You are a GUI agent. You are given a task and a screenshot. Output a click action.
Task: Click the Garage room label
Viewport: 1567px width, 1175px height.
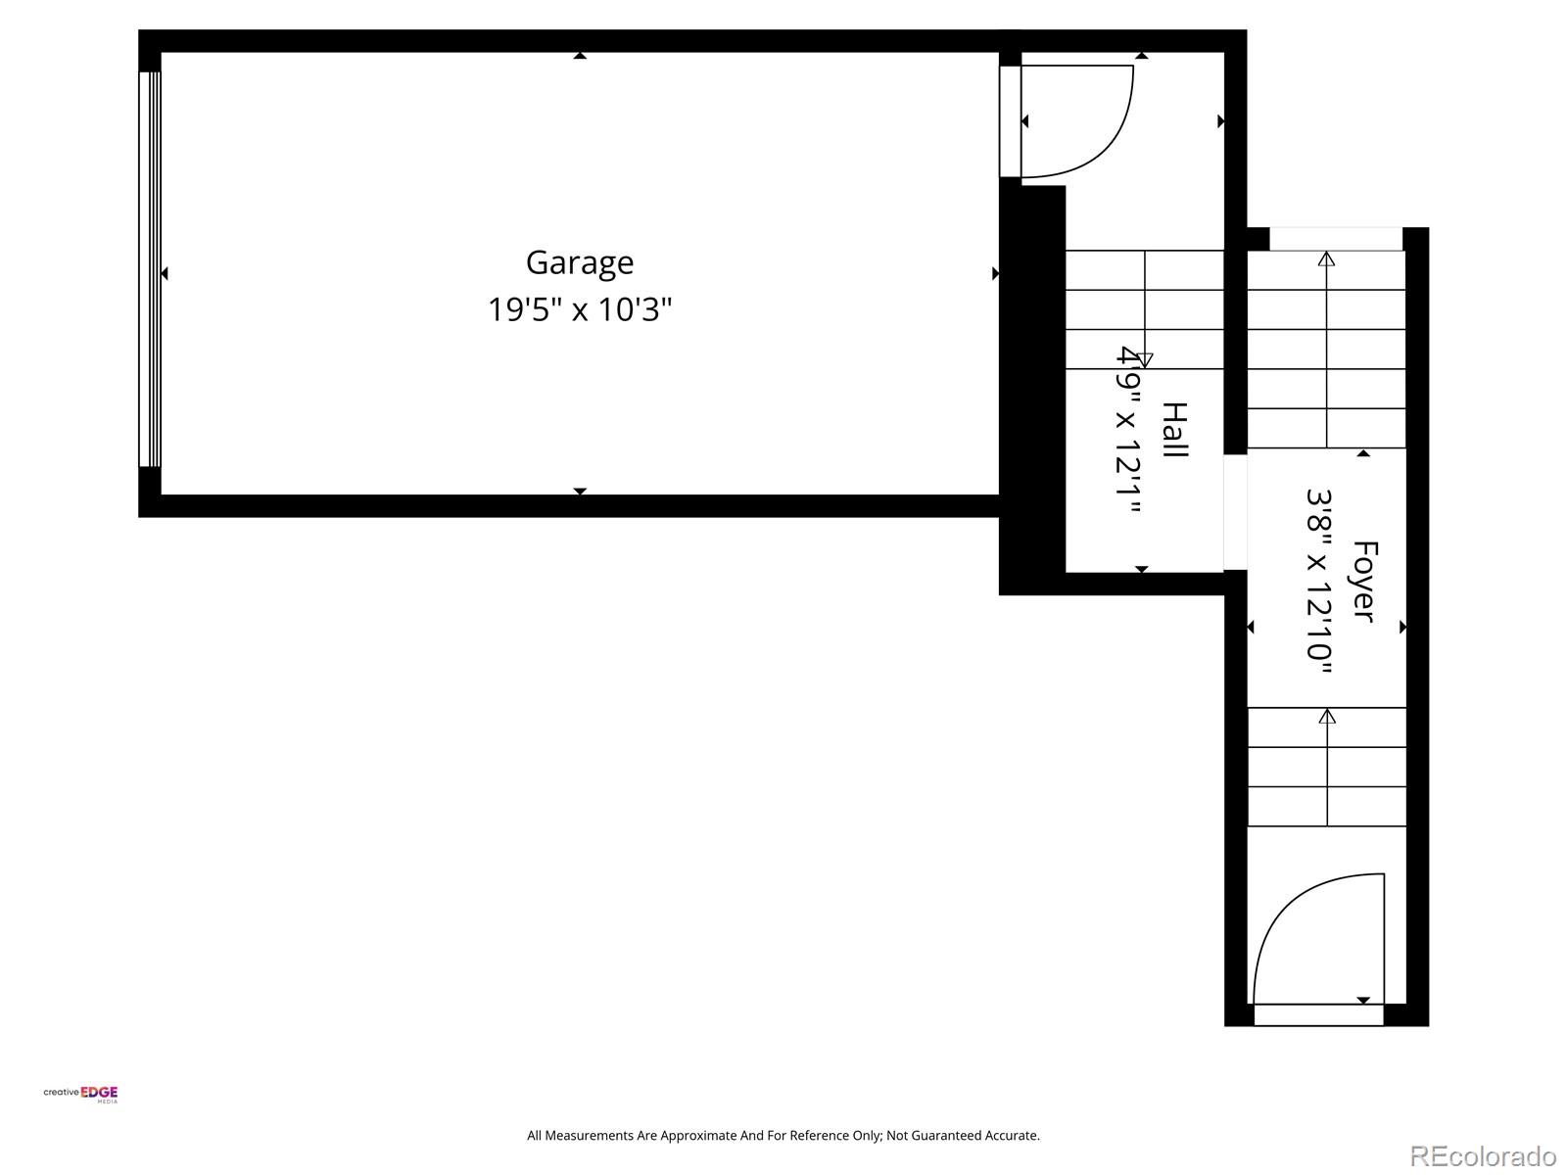(x=580, y=262)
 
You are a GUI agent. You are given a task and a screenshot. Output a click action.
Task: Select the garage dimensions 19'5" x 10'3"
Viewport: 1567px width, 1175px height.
(x=580, y=310)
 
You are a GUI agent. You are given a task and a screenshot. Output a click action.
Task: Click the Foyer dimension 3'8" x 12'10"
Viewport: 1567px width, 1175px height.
(x=1319, y=582)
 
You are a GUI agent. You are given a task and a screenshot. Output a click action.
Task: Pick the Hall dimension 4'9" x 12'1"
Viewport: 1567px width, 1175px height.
(x=1128, y=431)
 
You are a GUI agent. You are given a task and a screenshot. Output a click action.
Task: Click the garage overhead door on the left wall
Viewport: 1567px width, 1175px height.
(x=149, y=269)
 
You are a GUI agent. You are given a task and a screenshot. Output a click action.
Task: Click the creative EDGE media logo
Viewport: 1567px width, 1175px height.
(x=81, y=1094)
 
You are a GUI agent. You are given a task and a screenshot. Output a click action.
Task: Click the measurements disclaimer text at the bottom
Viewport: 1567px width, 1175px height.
(x=783, y=1136)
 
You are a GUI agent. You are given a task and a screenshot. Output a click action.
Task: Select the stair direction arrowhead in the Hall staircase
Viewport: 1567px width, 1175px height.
(x=1145, y=359)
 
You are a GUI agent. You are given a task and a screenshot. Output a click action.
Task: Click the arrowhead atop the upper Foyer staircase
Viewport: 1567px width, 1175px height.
(x=1327, y=259)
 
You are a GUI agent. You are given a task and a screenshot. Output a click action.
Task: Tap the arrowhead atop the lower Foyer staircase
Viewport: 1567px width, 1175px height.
(x=1327, y=717)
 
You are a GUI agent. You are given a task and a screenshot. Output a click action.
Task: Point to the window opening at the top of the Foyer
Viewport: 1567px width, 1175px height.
(x=1336, y=238)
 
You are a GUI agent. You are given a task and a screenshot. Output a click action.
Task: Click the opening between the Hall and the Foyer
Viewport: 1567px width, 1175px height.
(x=1235, y=512)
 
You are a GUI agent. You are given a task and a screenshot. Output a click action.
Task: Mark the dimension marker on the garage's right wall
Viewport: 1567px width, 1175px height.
(x=995, y=273)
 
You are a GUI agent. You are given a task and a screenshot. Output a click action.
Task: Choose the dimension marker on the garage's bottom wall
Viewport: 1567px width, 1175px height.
(x=580, y=492)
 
